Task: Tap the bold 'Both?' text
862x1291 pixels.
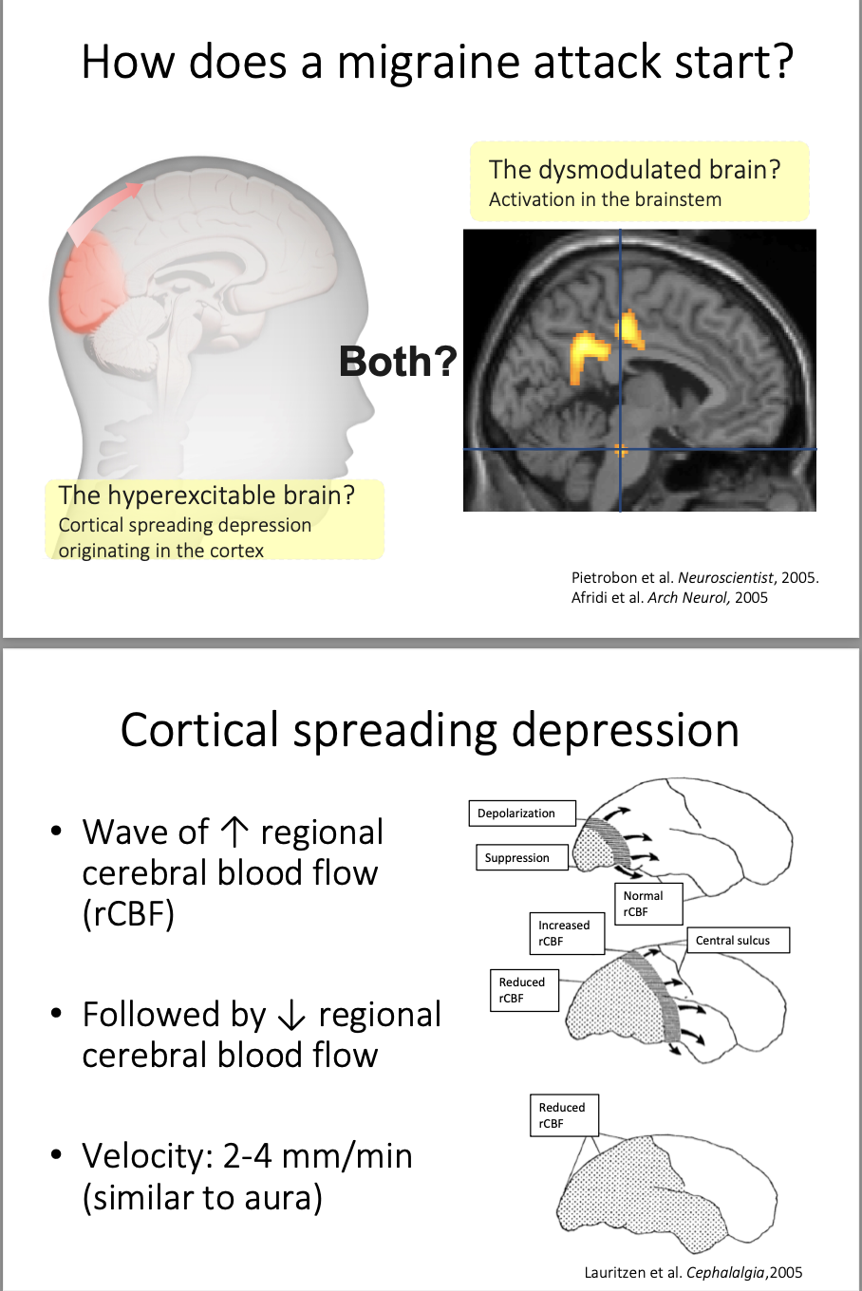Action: [x=398, y=362]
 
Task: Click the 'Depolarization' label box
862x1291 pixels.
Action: [x=521, y=814]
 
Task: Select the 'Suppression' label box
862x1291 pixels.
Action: [x=520, y=858]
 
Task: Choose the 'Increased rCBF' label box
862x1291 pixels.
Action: [x=566, y=933]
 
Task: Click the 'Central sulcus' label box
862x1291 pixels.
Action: [x=738, y=941]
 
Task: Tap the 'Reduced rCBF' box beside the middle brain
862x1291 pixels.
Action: [x=524, y=990]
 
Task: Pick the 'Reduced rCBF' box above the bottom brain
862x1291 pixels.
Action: [x=564, y=1115]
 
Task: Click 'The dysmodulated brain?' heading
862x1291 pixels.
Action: [x=634, y=170]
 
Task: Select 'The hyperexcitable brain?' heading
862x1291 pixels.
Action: [x=206, y=496]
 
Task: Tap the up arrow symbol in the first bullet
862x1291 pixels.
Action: [x=234, y=833]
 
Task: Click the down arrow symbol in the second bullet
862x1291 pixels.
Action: [x=292, y=1016]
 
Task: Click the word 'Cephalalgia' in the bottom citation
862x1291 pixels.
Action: [x=725, y=1273]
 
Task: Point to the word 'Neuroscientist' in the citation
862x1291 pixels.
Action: [x=725, y=577]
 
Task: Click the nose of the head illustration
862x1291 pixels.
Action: [x=365, y=410]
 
